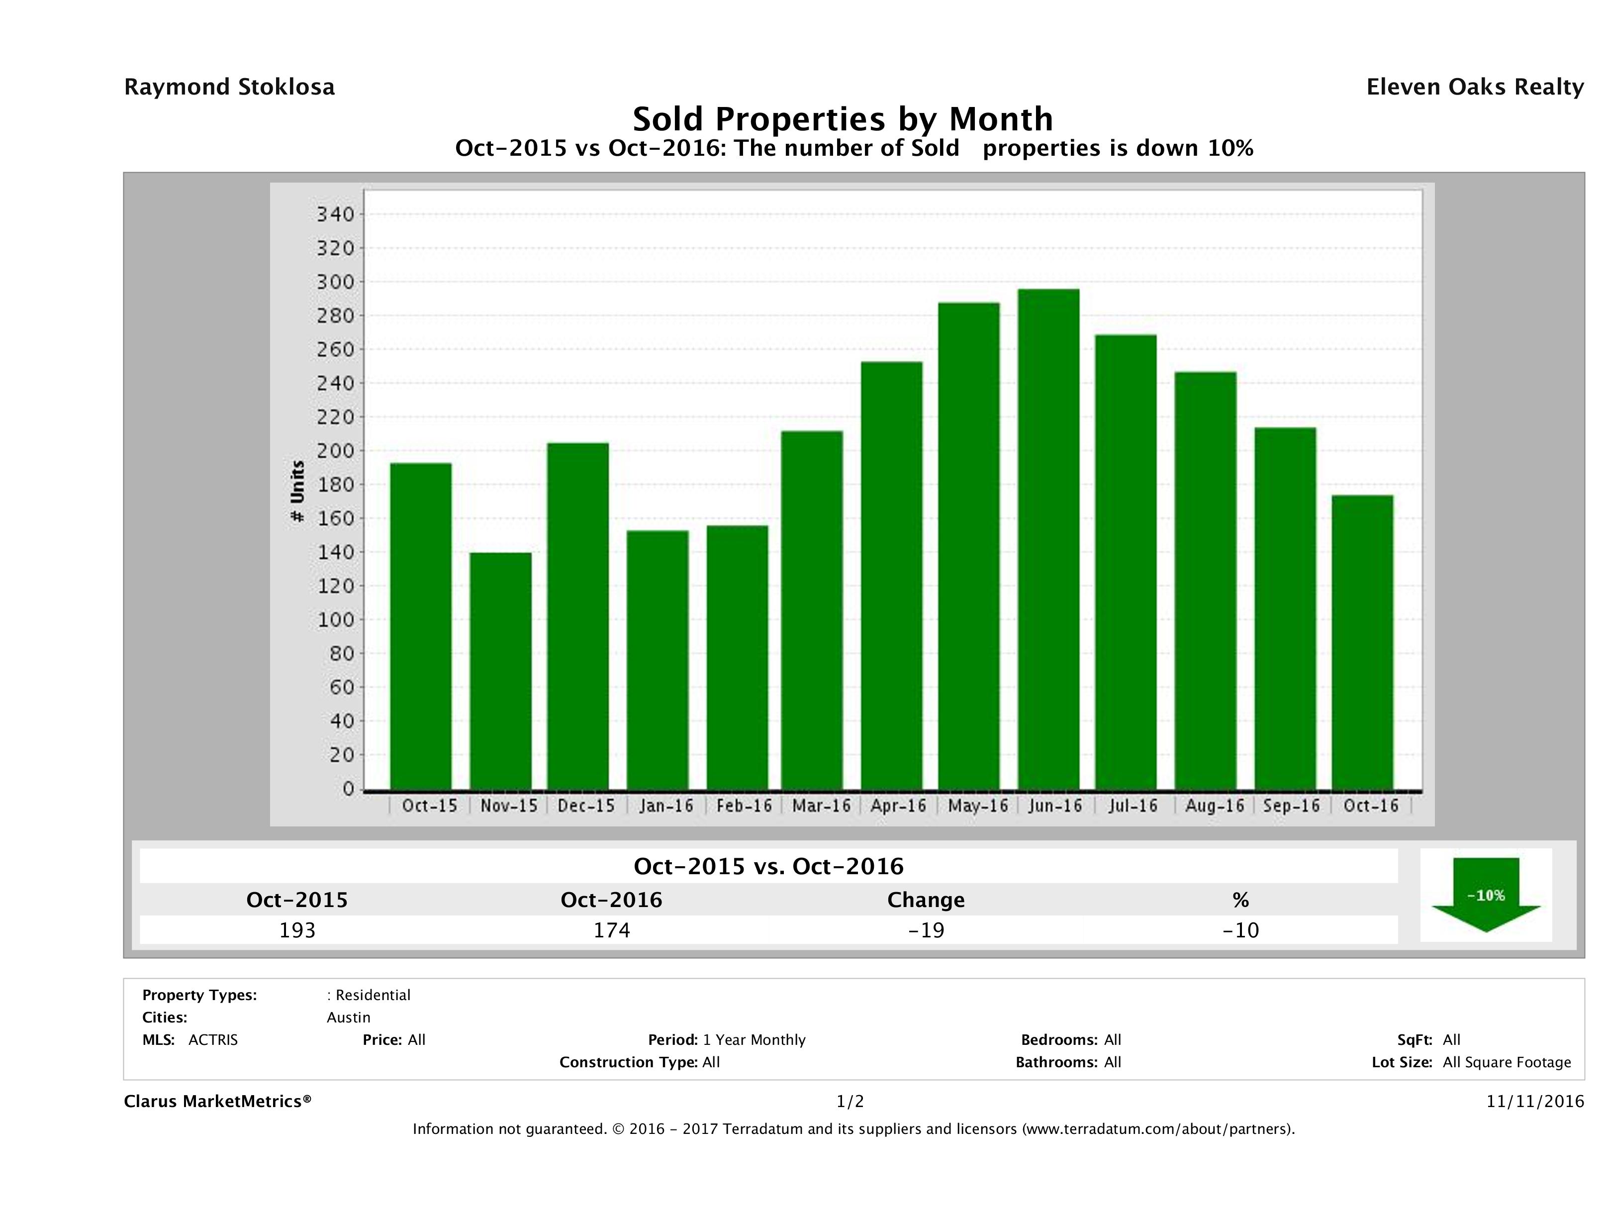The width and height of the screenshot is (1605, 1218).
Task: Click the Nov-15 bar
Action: click(x=501, y=671)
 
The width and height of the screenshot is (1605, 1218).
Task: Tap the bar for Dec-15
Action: click(x=578, y=616)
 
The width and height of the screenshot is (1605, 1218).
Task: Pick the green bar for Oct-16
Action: click(x=1363, y=642)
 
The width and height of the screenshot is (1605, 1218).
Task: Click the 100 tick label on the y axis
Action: click(x=335, y=620)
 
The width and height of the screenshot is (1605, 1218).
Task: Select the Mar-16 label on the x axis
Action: click(x=821, y=806)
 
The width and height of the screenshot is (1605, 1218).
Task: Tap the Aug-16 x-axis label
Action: click(x=1215, y=806)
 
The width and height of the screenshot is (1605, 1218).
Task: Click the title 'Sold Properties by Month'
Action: click(x=843, y=118)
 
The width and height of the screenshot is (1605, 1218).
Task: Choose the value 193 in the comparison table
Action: click(x=297, y=930)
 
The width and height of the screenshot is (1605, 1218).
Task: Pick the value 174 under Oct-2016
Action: click(x=612, y=930)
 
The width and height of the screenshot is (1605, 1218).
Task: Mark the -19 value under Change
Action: click(x=926, y=930)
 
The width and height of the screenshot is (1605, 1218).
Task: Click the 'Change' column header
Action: click(x=926, y=900)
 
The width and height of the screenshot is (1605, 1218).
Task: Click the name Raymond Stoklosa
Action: click(x=229, y=87)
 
